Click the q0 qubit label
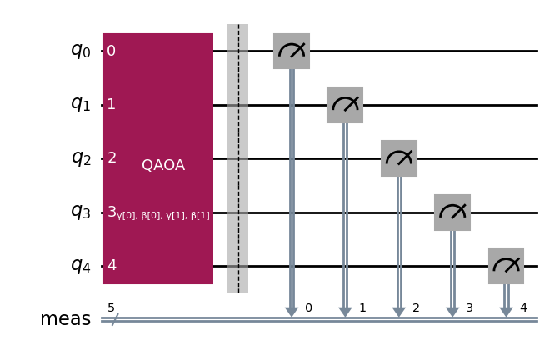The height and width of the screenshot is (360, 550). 81,51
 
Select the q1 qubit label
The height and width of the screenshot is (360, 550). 81,105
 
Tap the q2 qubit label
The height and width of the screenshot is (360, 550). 81,158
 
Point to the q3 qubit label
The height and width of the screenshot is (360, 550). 81,212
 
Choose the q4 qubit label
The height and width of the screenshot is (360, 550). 81,266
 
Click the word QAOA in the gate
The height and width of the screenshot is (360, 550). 163,165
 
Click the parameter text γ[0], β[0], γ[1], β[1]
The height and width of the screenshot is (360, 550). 163,215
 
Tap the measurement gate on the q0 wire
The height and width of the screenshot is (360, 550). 292,51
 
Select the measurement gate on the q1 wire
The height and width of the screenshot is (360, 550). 345,105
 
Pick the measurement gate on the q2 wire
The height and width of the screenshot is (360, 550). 399,158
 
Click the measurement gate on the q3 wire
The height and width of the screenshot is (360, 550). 452,212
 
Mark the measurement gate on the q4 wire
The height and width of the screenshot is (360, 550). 506,266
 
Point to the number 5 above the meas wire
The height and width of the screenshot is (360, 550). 111,308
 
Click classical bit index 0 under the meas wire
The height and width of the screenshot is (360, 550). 308,308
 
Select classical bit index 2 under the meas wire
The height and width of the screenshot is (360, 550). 416,308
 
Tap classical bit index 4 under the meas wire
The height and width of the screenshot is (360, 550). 523,308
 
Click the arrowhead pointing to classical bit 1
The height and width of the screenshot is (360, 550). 345,312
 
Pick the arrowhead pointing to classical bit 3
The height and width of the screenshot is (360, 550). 452,312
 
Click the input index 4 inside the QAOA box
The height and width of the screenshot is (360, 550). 112,266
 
